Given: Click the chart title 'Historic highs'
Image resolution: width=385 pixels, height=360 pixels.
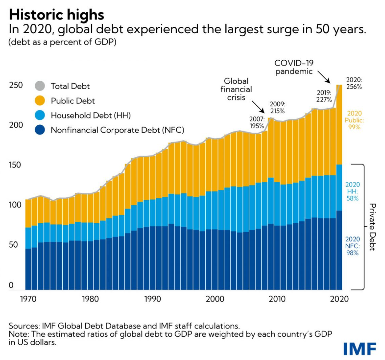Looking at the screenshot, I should click(57, 15).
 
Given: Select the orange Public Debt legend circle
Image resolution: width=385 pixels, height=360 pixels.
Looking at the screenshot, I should click(40, 101).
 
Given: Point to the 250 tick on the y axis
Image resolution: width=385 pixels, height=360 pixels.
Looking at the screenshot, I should click(16, 85).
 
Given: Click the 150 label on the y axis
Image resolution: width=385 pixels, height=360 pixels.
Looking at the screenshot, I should click(16, 165).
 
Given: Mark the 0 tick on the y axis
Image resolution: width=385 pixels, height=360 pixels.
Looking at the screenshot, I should click(11, 285).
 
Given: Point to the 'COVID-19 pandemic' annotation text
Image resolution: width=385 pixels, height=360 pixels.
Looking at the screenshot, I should click(294, 67).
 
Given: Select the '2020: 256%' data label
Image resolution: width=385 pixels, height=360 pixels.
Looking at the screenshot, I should click(354, 83).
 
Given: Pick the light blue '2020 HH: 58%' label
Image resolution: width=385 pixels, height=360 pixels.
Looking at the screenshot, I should click(352, 191).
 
